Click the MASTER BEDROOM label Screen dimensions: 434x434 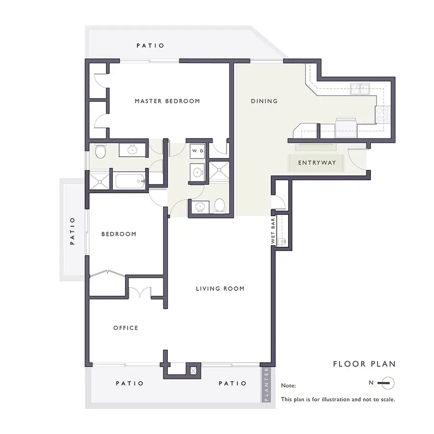point(167,101)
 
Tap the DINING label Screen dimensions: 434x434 point(264,101)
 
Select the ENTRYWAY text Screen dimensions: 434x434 point(316,163)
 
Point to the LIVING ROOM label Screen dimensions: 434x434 point(220,289)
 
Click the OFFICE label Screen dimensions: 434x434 point(126,328)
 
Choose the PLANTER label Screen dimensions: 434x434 point(266,385)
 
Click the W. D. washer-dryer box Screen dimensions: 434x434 point(198,151)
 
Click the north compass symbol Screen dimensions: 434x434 point(386,383)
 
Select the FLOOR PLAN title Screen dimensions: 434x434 point(364,364)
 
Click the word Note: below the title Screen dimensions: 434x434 point(288,386)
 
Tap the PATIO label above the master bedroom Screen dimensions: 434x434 point(150,46)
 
